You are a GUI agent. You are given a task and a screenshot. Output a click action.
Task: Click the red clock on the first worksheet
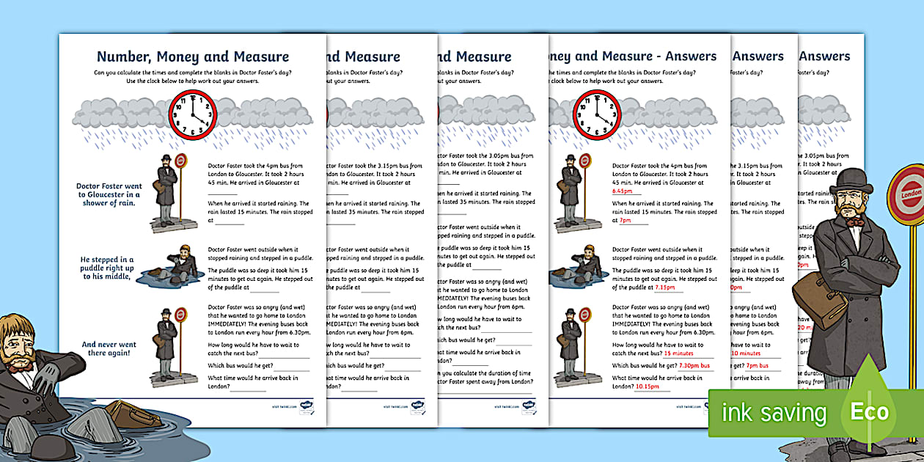[x=193, y=114]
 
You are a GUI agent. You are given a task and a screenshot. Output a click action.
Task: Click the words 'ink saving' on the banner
[x=774, y=413]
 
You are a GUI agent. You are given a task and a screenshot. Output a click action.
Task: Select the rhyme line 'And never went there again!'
[x=109, y=348]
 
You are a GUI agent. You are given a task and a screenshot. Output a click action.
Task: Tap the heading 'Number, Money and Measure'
[x=193, y=57]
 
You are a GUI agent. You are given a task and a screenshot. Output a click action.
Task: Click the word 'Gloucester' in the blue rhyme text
[x=109, y=194]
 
